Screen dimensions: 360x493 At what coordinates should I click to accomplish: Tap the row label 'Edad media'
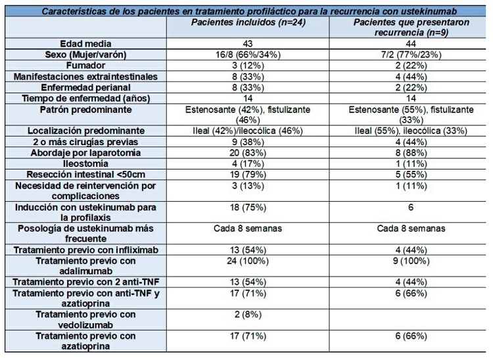coord(85,43)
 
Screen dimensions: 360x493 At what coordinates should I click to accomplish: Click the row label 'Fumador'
coord(85,66)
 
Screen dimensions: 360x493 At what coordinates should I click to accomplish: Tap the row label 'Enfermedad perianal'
coord(85,87)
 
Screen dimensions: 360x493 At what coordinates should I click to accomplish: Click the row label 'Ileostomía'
coord(85,163)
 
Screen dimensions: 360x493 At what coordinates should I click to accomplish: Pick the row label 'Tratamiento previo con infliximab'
coord(85,250)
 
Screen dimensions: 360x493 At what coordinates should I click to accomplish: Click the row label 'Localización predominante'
coord(85,129)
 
